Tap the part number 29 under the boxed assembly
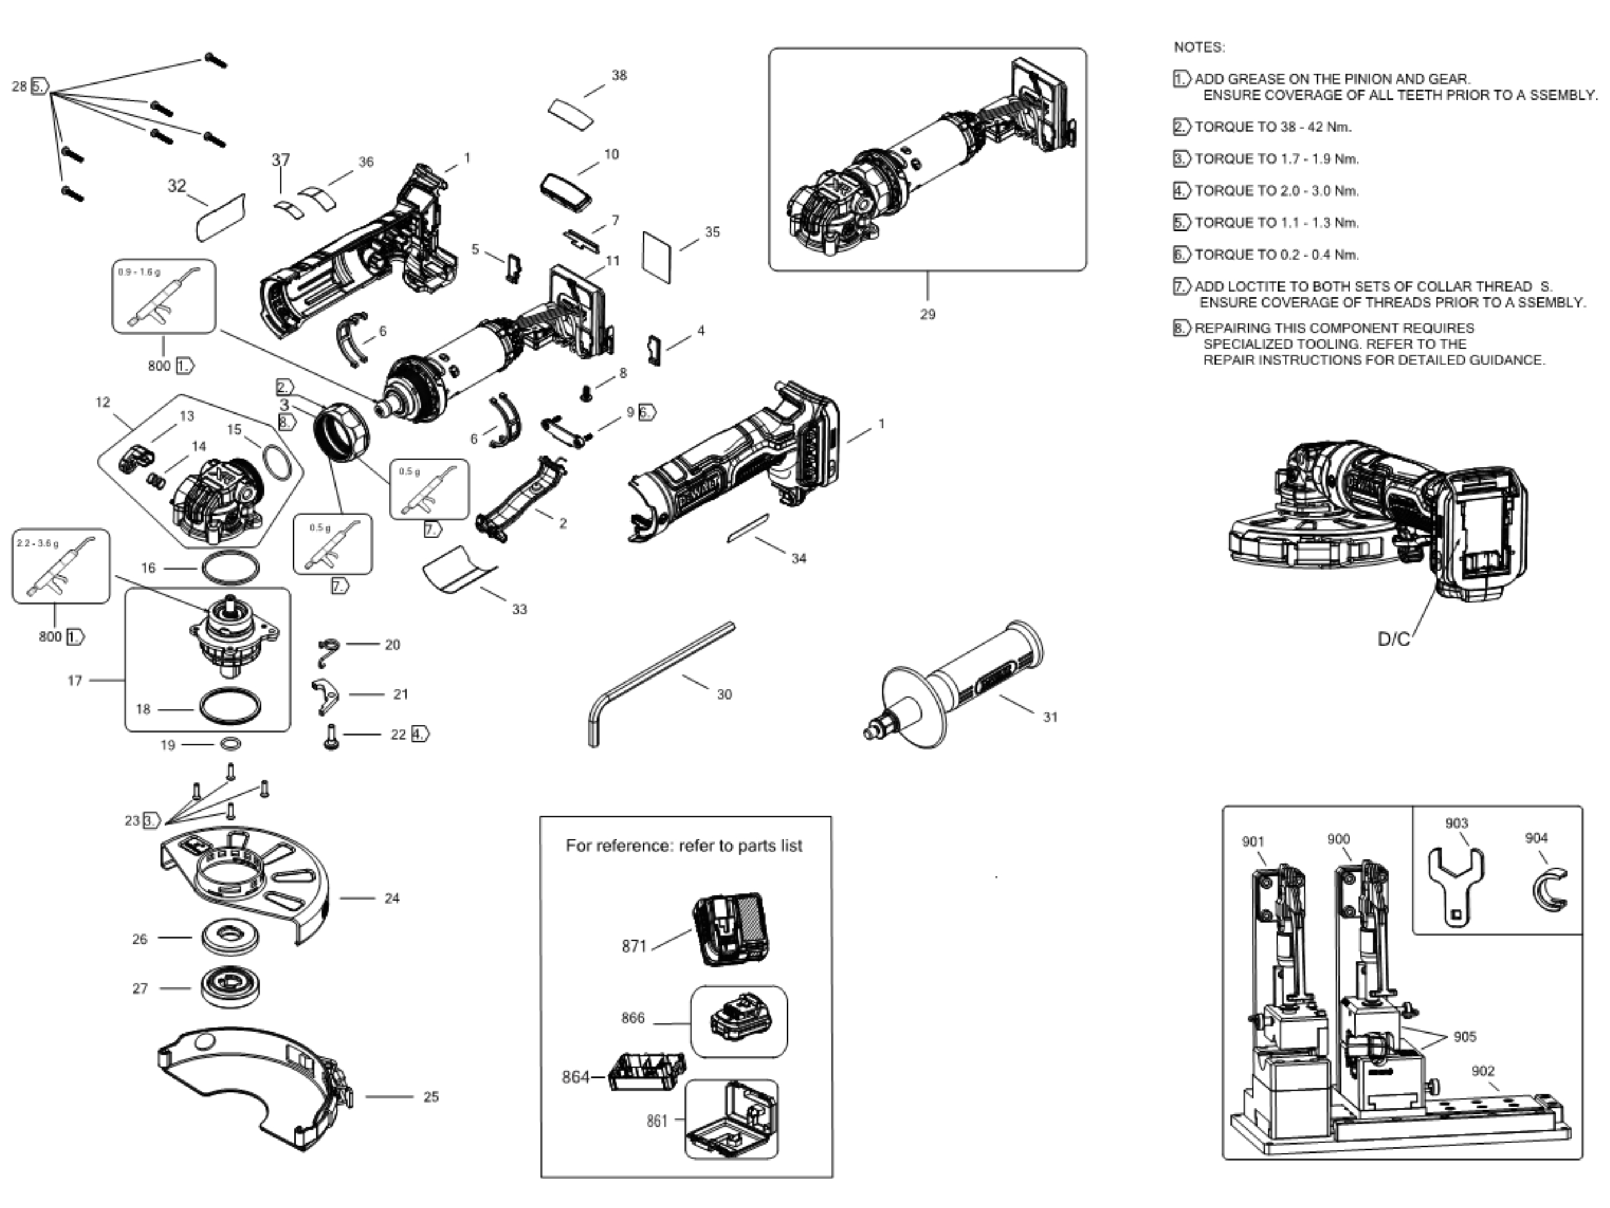pos(927,315)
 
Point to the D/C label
pos(1394,639)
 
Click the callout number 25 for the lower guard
pos(431,1096)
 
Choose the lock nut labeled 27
pos(230,987)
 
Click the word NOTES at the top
pos(1199,47)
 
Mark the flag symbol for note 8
pos(1181,328)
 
